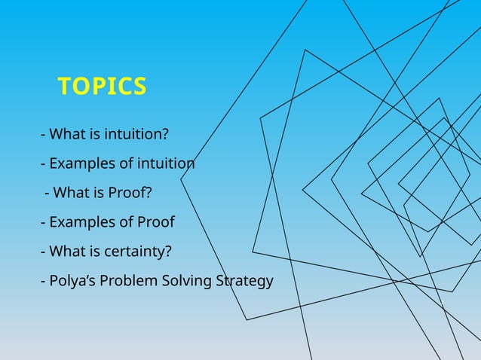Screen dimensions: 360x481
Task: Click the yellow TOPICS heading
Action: pyautogui.click(x=102, y=87)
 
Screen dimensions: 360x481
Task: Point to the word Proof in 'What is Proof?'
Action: pyautogui.click(x=130, y=194)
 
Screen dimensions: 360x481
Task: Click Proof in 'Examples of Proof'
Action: pyautogui.click(x=155, y=223)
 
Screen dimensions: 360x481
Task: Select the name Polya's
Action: pyautogui.click(x=70, y=282)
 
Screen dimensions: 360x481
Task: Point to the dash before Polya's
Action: pyautogui.click(x=43, y=282)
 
